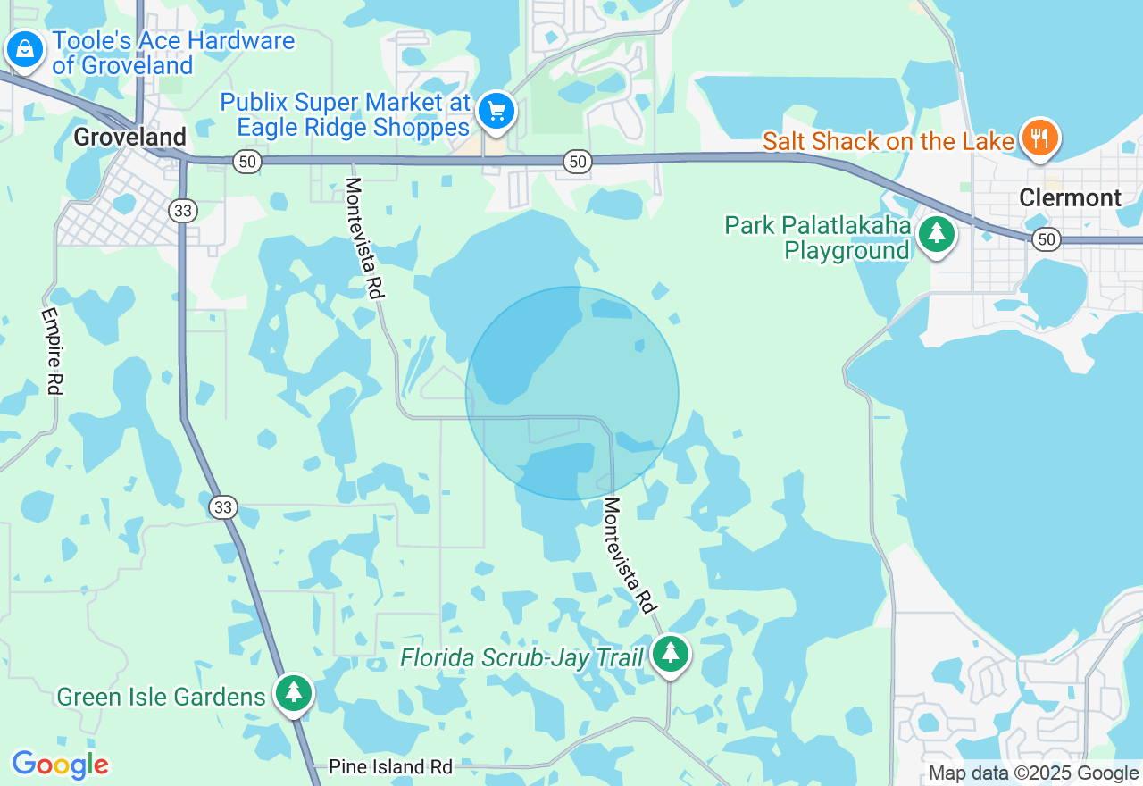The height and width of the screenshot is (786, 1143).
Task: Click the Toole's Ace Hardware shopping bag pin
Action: [x=25, y=49]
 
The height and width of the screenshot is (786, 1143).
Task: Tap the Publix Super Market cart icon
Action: [x=496, y=112]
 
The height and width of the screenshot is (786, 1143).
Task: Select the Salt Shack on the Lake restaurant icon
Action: [x=1039, y=138]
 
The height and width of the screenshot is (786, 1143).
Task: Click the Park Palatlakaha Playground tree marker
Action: [x=936, y=235]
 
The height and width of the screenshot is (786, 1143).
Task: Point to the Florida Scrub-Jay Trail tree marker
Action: [x=671, y=655]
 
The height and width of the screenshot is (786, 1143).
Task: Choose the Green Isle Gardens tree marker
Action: [x=293, y=693]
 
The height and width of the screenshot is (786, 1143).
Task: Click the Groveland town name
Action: [x=130, y=137]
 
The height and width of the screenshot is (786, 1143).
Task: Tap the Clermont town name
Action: [x=1070, y=197]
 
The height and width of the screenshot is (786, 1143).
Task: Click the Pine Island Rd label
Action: [x=390, y=766]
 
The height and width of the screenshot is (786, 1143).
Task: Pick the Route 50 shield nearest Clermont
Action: [x=1047, y=239]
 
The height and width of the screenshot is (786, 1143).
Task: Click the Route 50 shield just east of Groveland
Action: [x=246, y=162]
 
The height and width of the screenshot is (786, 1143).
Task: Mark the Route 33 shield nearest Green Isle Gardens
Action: [x=222, y=507]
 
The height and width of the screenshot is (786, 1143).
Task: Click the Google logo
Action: [x=61, y=765]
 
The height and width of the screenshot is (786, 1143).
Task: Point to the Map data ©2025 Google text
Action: [x=1033, y=773]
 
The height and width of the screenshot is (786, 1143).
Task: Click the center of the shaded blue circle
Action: [x=572, y=393]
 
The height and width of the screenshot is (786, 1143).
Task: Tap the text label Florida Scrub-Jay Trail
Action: [x=521, y=658]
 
